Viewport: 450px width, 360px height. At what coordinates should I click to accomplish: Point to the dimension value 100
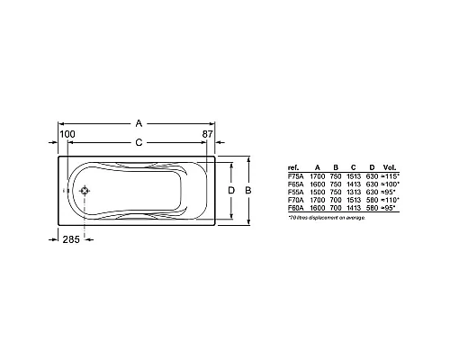[x=67, y=134]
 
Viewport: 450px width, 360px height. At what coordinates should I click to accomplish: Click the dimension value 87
[x=209, y=134]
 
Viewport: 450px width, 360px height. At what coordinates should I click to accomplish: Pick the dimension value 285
[x=72, y=238]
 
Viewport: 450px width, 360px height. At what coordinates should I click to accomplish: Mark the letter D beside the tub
[x=230, y=191]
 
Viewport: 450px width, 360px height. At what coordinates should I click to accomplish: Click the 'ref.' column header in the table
[x=292, y=167]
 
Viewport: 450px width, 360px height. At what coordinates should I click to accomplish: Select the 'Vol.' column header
[x=388, y=167]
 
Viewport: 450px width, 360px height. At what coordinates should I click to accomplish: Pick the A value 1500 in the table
[x=316, y=192]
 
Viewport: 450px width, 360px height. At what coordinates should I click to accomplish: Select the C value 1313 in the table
[x=354, y=192]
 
